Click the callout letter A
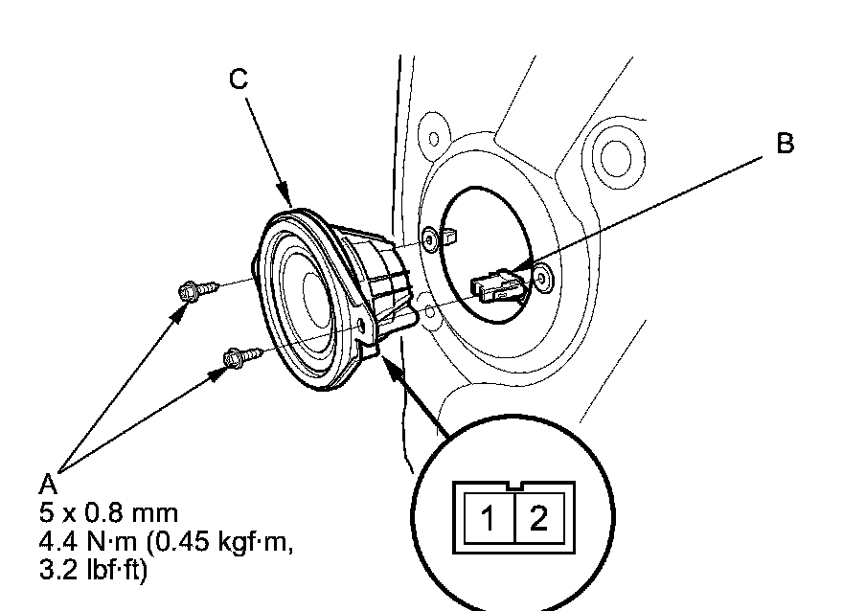click(x=48, y=485)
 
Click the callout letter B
click(x=785, y=144)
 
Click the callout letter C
click(x=239, y=79)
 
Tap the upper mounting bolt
click(x=198, y=289)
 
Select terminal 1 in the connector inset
click(x=488, y=518)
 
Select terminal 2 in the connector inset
click(x=538, y=518)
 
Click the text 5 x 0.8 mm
click(x=108, y=512)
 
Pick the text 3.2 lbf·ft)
click(x=93, y=570)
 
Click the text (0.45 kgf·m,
click(x=219, y=542)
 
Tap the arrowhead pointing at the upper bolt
click(x=178, y=315)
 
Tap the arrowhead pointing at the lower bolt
click(x=216, y=373)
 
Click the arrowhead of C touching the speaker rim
click(x=284, y=195)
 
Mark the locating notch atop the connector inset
click(x=514, y=486)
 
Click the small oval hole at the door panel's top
click(x=433, y=139)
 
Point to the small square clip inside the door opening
click(x=450, y=235)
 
